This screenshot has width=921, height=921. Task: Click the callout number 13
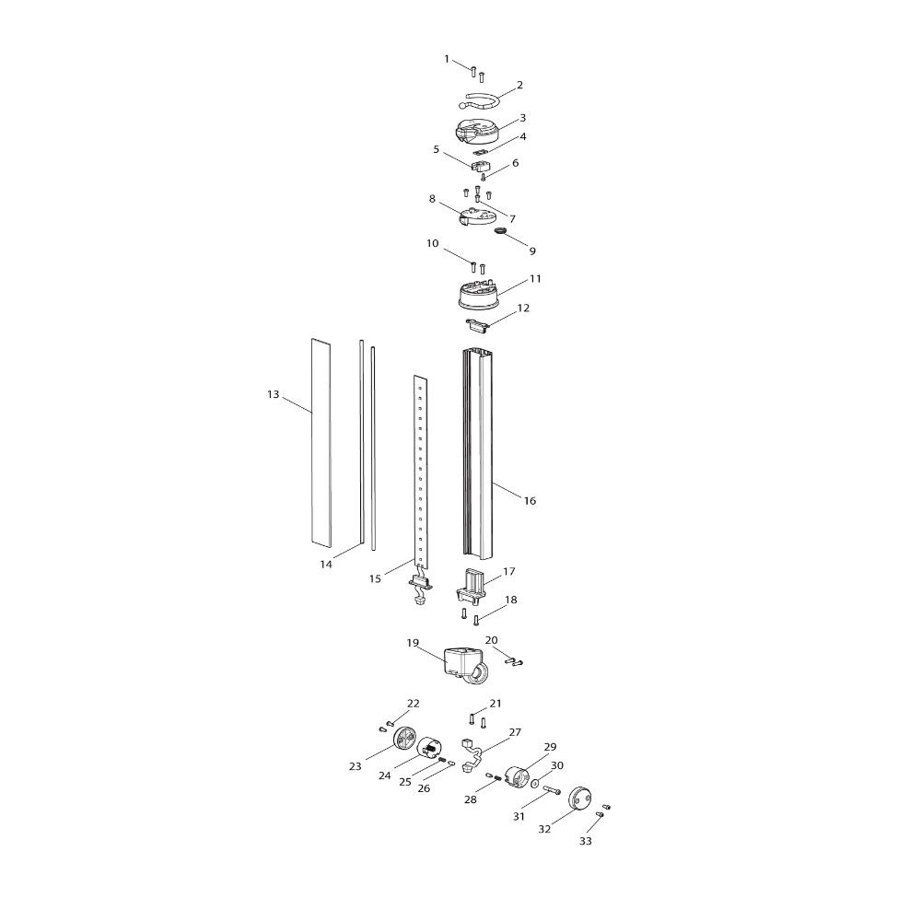coord(274,395)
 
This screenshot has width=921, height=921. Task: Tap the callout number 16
coord(530,501)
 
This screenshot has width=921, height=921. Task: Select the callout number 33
coord(586,841)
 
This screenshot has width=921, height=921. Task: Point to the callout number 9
coord(532,251)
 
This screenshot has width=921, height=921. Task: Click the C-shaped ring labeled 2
coord(479,101)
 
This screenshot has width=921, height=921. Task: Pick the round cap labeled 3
coord(476,131)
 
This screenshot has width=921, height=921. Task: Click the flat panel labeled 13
coord(321,441)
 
